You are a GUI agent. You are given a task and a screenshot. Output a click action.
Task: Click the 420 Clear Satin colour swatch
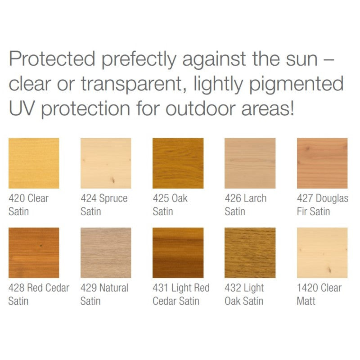[34, 163]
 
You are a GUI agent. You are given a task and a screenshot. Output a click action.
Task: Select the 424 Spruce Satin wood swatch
[106, 163]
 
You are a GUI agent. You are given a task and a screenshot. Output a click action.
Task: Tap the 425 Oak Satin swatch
[178, 163]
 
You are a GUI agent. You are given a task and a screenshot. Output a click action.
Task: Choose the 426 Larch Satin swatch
[250, 163]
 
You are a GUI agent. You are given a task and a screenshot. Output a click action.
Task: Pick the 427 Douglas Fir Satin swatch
[322, 163]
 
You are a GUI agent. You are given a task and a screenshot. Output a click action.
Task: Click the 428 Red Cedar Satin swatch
[34, 252]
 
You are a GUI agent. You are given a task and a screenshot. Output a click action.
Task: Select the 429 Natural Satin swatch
[106, 252]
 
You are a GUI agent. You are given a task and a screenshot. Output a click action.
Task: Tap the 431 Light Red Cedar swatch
[178, 252]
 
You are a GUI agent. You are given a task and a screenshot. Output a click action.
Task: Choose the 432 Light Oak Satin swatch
[250, 252]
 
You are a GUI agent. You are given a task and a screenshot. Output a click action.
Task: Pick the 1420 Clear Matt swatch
[322, 252]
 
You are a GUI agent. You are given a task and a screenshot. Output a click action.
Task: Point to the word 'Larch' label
[255, 198]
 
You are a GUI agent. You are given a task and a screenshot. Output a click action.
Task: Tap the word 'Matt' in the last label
[306, 301]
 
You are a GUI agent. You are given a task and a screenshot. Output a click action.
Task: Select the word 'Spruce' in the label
[113, 198]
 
